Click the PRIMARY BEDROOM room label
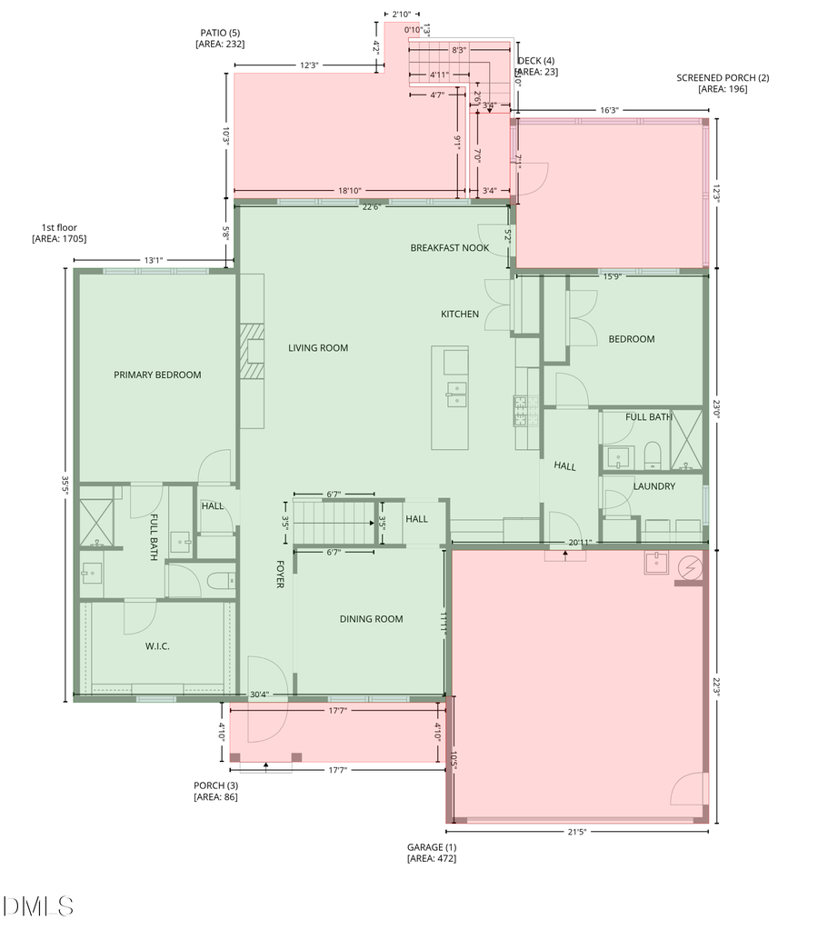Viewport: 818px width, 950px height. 157,375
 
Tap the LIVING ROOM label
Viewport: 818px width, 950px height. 318,348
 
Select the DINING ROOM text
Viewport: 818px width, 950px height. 371,619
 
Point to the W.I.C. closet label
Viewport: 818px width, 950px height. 158,646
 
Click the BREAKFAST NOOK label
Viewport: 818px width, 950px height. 450,247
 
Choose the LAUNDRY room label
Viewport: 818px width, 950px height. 654,486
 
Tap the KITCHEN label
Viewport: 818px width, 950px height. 460,315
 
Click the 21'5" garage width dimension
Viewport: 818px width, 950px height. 577,832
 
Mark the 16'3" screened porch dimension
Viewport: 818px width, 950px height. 609,110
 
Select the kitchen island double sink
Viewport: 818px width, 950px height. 456,394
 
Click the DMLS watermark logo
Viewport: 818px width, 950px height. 37,905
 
